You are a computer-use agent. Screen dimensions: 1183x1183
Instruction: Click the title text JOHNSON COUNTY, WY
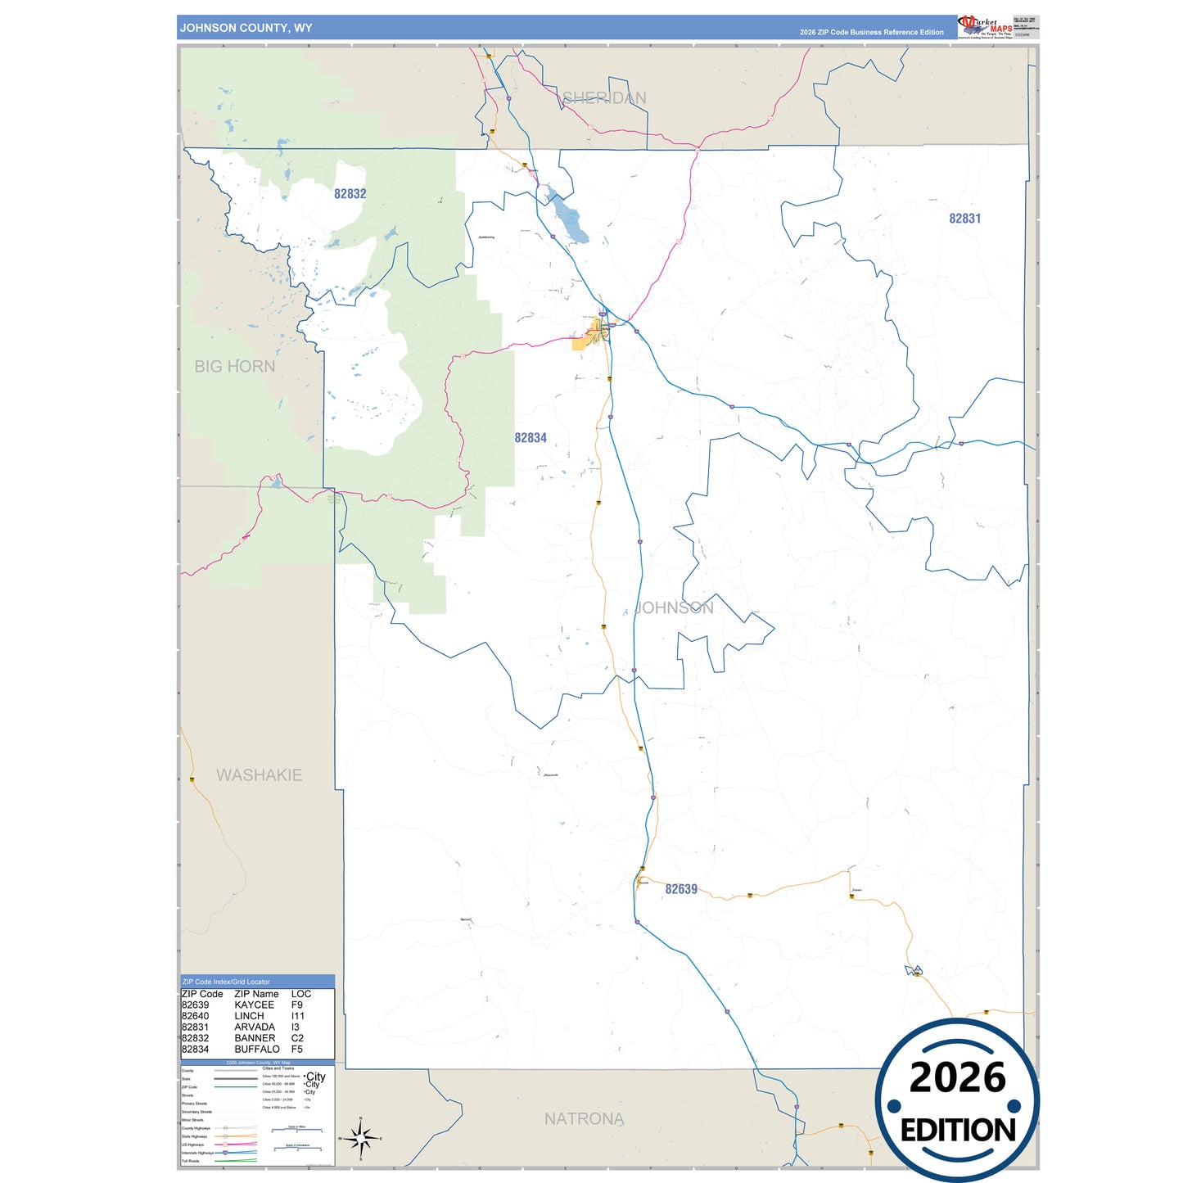(246, 28)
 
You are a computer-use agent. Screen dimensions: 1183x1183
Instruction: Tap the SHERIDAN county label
(604, 98)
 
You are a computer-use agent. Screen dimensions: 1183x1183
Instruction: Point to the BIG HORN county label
(234, 367)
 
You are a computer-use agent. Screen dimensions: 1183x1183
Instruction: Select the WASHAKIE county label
(259, 775)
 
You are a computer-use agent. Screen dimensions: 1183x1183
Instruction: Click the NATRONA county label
(584, 1119)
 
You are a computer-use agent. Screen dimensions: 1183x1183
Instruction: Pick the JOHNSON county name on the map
(674, 607)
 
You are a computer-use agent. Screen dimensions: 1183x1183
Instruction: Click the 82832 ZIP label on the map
(350, 194)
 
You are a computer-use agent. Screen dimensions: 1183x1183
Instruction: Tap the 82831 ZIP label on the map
(964, 219)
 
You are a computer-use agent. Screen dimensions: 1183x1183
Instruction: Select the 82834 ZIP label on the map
(530, 438)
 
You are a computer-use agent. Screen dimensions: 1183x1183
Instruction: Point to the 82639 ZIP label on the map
(680, 889)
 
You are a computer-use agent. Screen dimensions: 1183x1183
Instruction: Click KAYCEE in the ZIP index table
(254, 1005)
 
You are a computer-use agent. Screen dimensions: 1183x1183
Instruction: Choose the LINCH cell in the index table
(249, 1016)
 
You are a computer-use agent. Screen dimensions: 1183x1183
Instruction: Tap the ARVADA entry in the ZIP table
(254, 1027)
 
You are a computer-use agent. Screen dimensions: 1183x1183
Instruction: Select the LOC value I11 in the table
(297, 1016)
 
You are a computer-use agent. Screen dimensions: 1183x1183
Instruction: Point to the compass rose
(360, 1138)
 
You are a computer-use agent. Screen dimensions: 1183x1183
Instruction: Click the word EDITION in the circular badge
(958, 1131)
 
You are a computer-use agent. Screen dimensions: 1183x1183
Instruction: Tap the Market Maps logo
(986, 27)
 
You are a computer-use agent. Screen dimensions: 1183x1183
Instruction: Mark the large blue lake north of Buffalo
(571, 220)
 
